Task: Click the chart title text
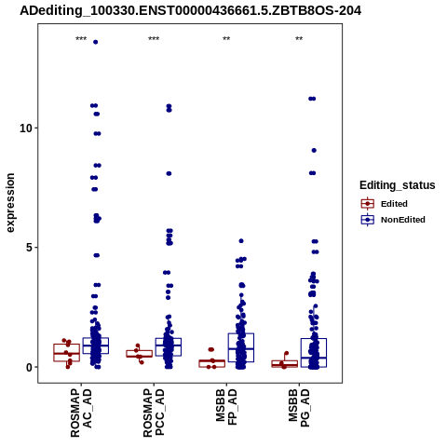(190, 11)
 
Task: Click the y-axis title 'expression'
(10, 203)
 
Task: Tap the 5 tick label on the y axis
(29, 248)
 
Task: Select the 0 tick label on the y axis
(29, 367)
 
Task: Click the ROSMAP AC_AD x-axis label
(81, 413)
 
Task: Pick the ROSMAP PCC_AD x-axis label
(154, 413)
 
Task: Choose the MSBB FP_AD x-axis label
(226, 407)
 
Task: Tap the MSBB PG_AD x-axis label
(299, 408)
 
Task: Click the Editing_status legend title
(398, 185)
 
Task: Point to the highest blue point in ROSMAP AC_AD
(96, 42)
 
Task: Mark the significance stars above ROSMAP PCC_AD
(154, 39)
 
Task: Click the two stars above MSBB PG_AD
(299, 39)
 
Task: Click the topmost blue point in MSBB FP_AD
(241, 241)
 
